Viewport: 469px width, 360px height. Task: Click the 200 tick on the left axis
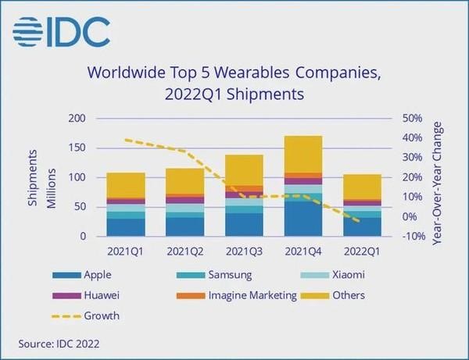pyautogui.click(x=76, y=119)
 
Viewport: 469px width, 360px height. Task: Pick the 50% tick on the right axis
pyautogui.click(x=412, y=119)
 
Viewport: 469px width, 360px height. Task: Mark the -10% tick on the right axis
pyautogui.click(x=412, y=236)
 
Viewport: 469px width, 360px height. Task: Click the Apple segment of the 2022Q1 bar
pyautogui.click(x=361, y=226)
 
